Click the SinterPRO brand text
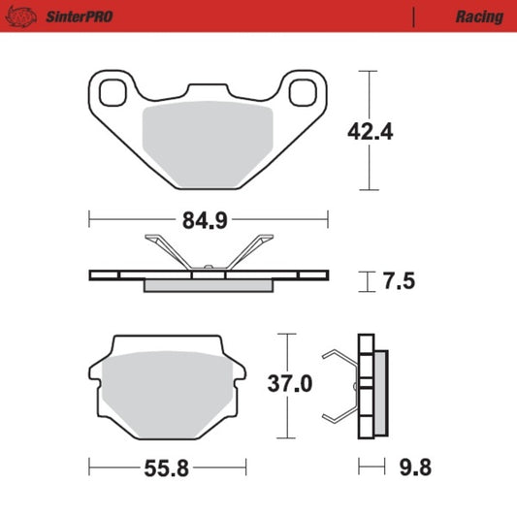(x=78, y=16)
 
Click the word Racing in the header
(x=478, y=16)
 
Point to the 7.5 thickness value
(x=399, y=281)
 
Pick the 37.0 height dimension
(x=290, y=383)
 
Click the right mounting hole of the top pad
(x=304, y=91)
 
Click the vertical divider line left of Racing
(x=414, y=16)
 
